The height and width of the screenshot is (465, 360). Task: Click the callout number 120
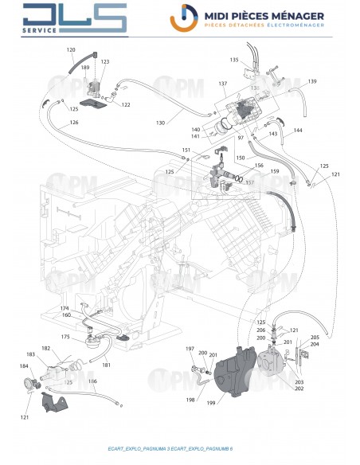[x=70, y=50]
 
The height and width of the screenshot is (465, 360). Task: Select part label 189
[x=85, y=68]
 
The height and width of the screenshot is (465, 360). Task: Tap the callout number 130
[x=160, y=123]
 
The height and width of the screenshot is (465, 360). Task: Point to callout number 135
[x=234, y=60]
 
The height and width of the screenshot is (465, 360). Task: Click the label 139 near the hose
[x=312, y=82]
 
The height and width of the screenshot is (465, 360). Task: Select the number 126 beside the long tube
[x=73, y=123]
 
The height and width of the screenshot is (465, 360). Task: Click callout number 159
[x=275, y=172]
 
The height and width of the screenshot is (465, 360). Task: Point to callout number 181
[x=106, y=365]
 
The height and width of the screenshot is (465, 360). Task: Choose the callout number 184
[x=23, y=366]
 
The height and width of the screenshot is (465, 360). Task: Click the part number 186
[x=92, y=392]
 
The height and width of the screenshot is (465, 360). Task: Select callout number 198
[x=190, y=399]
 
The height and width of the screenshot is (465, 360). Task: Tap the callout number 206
[x=261, y=330]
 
